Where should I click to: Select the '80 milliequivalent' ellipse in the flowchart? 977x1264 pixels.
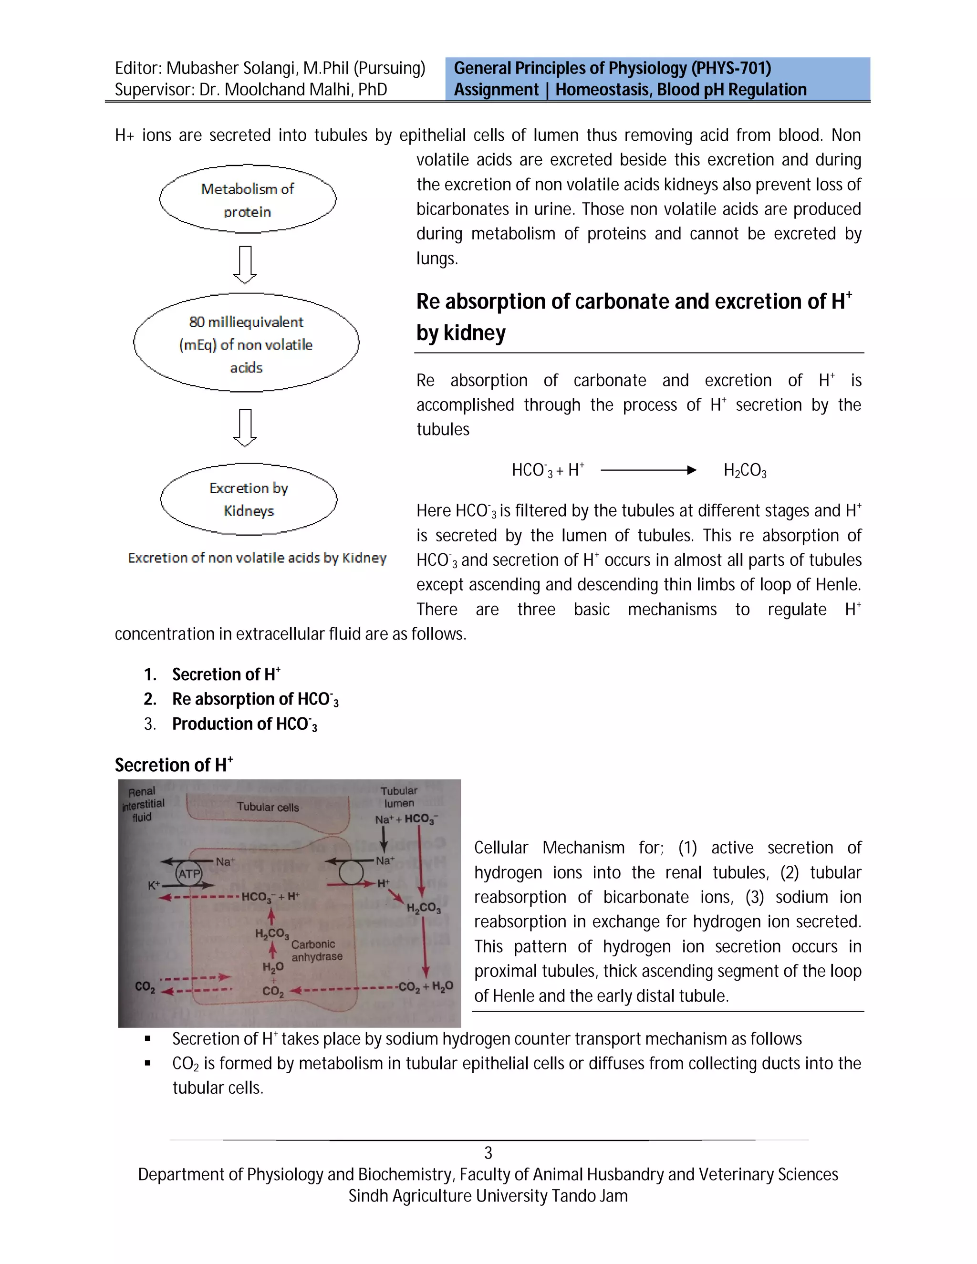click(246, 344)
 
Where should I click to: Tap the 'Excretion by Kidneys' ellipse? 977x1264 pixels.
click(249, 499)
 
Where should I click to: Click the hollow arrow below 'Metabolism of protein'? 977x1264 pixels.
click(245, 265)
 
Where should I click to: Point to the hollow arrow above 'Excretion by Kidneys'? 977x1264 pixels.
click(245, 427)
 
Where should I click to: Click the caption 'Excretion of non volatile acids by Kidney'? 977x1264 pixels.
click(257, 558)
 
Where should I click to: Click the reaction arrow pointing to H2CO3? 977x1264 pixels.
click(648, 470)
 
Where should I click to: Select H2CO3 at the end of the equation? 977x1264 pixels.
click(745, 470)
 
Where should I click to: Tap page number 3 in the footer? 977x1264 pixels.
click(488, 1153)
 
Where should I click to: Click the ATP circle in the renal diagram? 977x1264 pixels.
click(189, 874)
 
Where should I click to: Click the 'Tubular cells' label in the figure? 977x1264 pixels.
click(268, 807)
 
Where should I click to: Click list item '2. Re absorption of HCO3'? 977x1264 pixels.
click(255, 700)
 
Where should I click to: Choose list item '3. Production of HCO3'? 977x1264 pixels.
click(244, 725)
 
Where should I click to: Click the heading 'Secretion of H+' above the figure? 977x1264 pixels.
click(173, 765)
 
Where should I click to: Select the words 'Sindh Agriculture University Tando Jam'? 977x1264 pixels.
click(488, 1196)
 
